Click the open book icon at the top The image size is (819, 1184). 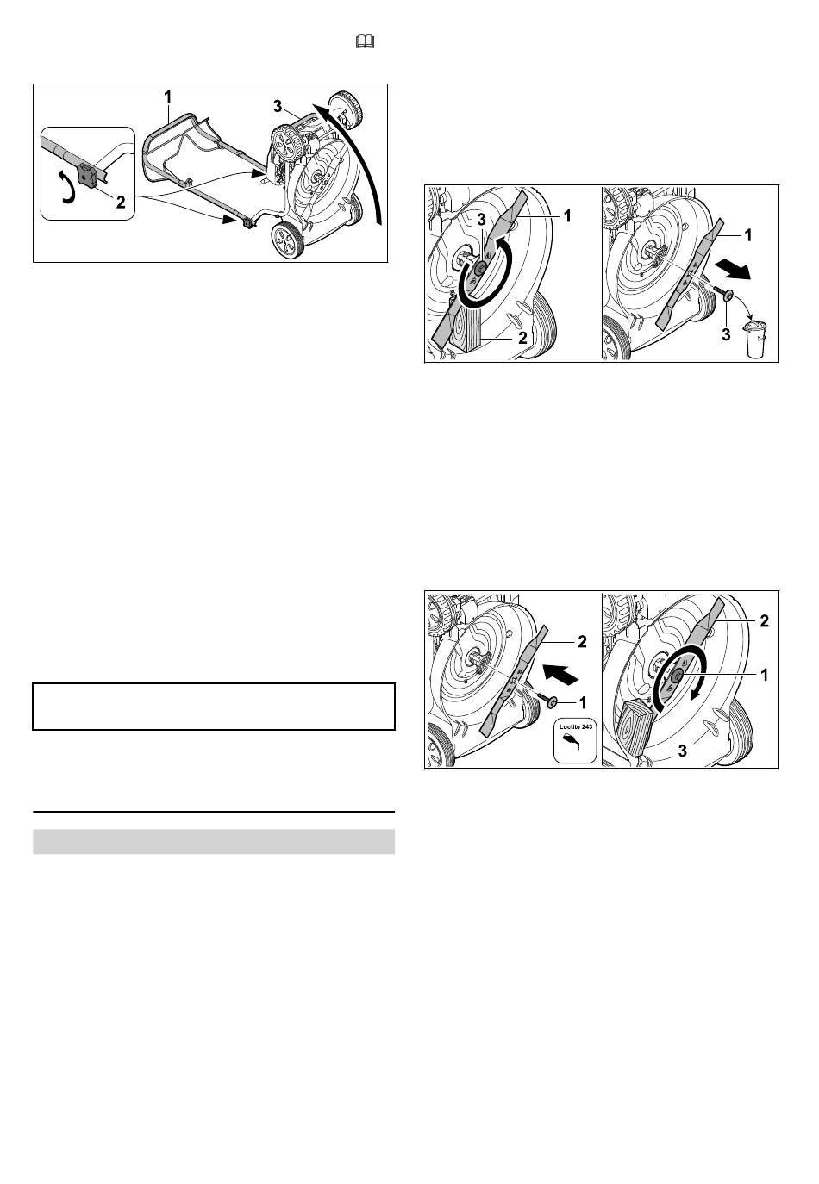[x=366, y=41]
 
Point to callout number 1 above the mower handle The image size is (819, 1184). [x=168, y=97]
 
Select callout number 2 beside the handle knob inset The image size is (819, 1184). [x=121, y=202]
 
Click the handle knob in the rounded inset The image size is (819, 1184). [x=87, y=174]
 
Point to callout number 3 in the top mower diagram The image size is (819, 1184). [x=278, y=106]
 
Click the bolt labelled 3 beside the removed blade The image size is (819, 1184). [x=722, y=296]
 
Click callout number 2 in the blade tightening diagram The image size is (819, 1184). [x=764, y=620]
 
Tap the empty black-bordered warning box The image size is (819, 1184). [x=214, y=706]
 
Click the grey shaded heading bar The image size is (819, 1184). [x=214, y=842]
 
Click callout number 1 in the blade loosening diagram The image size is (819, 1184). [x=566, y=215]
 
